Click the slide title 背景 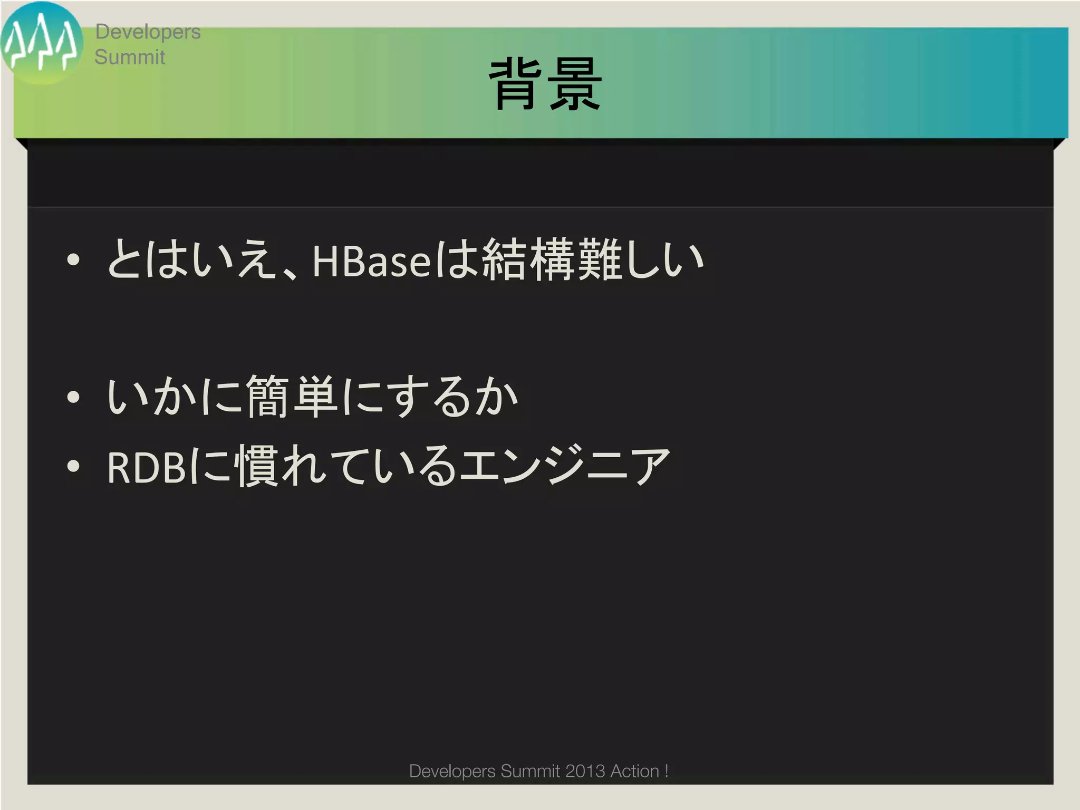click(546, 84)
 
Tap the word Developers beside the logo click(148, 32)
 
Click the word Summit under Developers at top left click(130, 57)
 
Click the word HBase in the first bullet click(371, 261)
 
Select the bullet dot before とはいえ click(73, 259)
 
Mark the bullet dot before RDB click(73, 466)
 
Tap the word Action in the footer click(634, 771)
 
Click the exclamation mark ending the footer click(667, 771)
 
